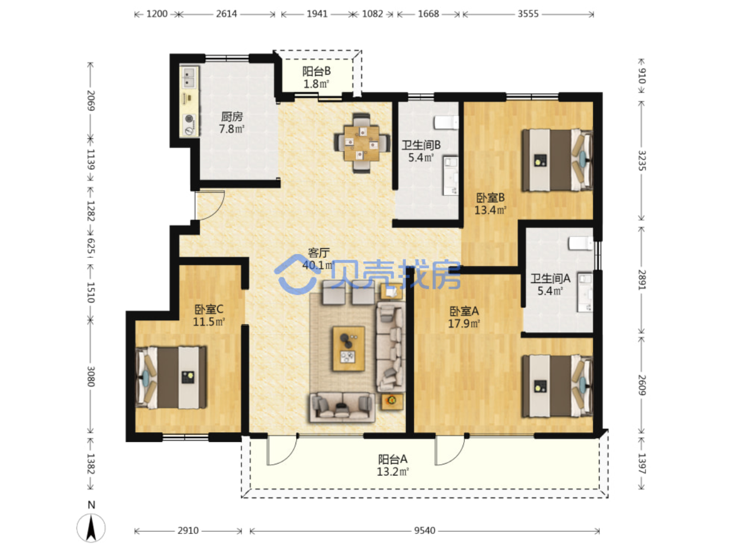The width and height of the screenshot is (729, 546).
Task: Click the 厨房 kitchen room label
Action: (232, 117)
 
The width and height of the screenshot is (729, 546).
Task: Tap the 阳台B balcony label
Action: (316, 71)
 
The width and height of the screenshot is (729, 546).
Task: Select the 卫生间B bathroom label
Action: (421, 145)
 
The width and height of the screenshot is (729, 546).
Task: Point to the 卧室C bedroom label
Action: (209, 309)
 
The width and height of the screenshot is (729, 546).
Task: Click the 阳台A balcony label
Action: (392, 459)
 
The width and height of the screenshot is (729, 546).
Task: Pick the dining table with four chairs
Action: (362, 143)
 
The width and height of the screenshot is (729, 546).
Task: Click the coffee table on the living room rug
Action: (348, 348)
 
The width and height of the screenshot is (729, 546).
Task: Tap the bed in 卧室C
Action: (171, 377)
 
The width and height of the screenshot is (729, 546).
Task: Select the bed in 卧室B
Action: (557, 160)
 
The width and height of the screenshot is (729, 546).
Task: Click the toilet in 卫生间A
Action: (580, 243)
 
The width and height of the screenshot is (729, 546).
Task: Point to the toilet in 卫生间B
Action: (446, 122)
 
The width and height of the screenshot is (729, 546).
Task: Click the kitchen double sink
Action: (189, 77)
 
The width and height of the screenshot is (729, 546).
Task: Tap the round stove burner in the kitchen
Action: (189, 118)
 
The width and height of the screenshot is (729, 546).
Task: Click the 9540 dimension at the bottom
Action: (424, 531)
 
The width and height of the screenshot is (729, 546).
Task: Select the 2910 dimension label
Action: (188, 531)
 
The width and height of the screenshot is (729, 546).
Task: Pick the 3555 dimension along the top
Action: (528, 14)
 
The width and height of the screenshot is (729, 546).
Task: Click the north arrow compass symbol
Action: (91, 527)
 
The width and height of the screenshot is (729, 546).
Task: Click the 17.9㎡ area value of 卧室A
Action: (464, 323)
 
